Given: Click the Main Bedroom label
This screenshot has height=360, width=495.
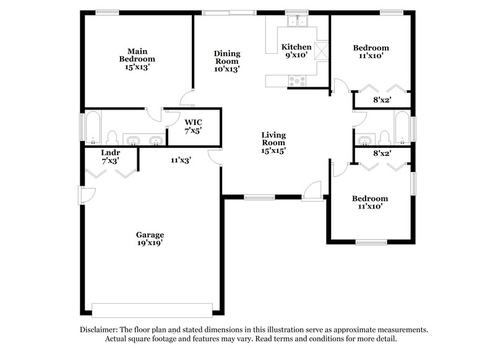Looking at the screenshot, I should [137, 59].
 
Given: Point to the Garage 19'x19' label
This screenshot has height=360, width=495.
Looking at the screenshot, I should [150, 239].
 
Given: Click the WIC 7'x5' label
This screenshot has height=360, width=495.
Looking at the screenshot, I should [193, 126].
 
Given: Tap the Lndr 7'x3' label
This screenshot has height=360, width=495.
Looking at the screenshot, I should [110, 156].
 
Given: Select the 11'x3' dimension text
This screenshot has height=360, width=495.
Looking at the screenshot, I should [181, 160].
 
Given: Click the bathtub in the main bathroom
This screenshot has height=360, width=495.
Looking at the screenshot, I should [93, 127].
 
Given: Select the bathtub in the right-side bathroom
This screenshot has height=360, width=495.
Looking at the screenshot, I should [402, 127].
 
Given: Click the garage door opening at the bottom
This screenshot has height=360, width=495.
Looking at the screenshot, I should [152, 308].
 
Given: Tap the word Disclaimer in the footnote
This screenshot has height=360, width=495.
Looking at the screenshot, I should [100, 330].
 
